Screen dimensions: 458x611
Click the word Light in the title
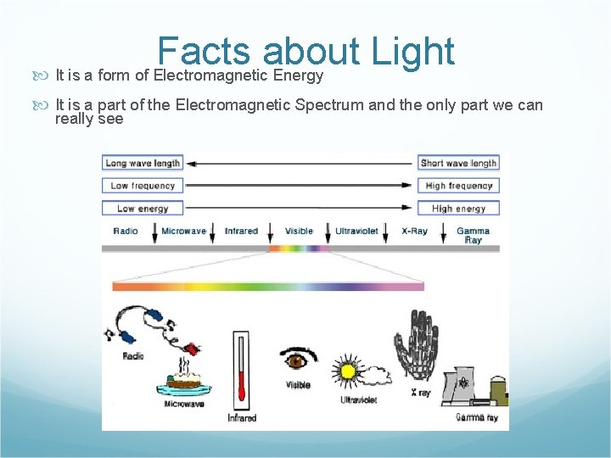413,53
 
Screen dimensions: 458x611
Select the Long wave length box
143,163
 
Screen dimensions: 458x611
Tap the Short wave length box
458,163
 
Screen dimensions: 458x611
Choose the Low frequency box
143,186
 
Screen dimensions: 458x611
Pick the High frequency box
458,186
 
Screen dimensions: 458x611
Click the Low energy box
143,208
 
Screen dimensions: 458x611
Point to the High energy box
458,208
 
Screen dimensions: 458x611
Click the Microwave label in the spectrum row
183,231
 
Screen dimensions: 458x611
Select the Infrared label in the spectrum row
241,231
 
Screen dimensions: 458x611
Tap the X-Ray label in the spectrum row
414,231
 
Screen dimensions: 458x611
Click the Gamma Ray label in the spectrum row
473,235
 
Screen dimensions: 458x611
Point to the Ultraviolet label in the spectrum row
357,231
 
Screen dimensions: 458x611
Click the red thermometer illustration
242,368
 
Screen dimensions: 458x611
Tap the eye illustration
297,359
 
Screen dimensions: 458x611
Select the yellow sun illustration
346,372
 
